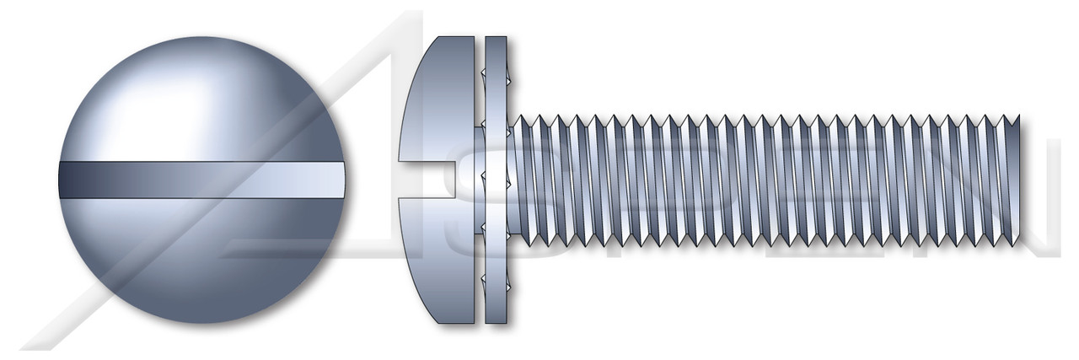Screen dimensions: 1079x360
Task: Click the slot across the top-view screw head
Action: pyautogui.click(x=201, y=180)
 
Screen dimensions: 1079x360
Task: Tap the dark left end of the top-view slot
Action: pyautogui.click(x=67, y=180)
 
